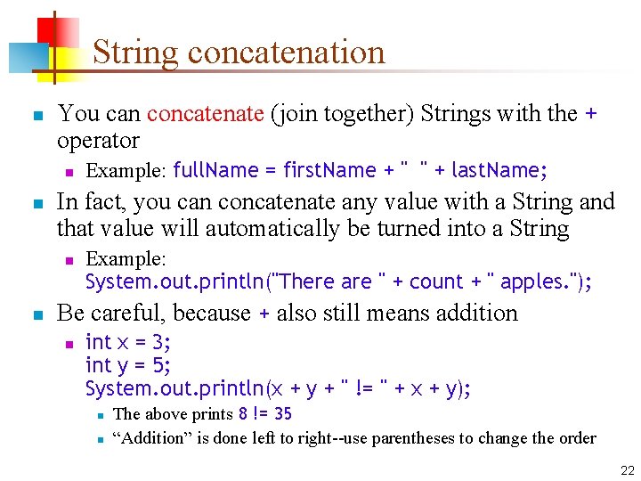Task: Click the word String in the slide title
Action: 136,53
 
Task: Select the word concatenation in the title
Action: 287,53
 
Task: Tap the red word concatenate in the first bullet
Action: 205,114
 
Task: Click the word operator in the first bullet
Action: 98,141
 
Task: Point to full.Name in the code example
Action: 213,170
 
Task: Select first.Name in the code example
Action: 329,170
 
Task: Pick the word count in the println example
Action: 435,282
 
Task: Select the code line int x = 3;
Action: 128,343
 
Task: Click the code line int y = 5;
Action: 128,365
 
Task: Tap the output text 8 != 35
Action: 264,414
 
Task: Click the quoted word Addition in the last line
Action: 151,438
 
